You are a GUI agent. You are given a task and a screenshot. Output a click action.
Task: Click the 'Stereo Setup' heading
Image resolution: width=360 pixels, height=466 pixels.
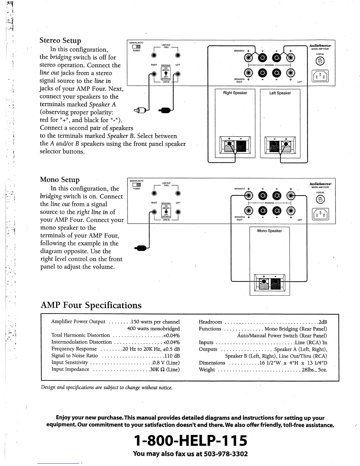pyautogui.click(x=60, y=41)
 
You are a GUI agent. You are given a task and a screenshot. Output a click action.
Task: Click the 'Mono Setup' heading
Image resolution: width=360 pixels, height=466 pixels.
pyautogui.click(x=60, y=180)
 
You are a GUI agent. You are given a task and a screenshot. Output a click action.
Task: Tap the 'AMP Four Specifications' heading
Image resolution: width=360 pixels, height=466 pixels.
pyautogui.click(x=91, y=305)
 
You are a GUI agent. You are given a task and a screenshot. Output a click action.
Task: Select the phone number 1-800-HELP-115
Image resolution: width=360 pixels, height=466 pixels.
pyautogui.click(x=190, y=440)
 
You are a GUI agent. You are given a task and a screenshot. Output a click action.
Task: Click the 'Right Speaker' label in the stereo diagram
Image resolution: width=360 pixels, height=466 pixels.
pyautogui.click(x=235, y=93)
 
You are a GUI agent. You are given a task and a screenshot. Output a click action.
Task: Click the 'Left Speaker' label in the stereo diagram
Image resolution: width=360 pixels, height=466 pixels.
pyautogui.click(x=280, y=93)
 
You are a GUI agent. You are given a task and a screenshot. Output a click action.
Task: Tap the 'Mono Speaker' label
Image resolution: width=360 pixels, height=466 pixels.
pyautogui.click(x=269, y=231)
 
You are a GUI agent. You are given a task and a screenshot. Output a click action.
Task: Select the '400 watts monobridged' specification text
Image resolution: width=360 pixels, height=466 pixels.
pyautogui.click(x=153, y=329)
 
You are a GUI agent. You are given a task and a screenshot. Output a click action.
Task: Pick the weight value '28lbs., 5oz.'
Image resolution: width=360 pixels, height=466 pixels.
pyautogui.click(x=314, y=370)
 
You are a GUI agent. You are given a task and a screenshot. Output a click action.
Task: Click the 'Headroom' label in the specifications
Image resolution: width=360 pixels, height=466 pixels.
pyautogui.click(x=210, y=322)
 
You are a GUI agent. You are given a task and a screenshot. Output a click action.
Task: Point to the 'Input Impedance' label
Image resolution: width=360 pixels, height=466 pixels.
pyautogui.click(x=70, y=369)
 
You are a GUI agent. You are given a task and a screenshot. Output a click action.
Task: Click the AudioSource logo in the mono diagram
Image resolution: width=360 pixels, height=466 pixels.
pyautogui.click(x=320, y=184)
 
